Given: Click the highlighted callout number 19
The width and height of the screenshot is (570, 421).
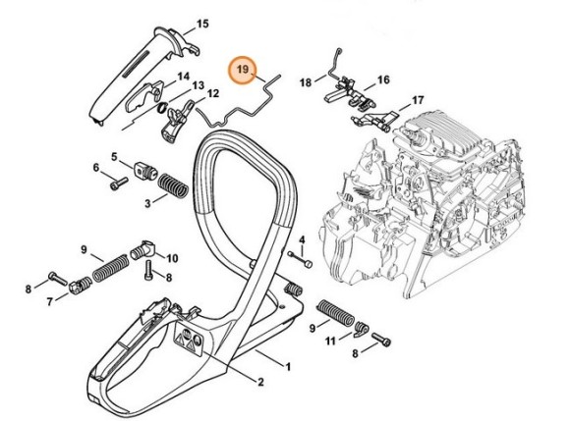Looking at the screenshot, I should click(x=242, y=71).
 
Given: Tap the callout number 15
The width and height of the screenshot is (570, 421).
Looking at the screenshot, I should click(x=202, y=23).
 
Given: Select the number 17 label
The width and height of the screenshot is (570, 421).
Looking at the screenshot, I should click(x=417, y=100).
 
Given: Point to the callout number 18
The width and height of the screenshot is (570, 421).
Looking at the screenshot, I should click(x=305, y=81).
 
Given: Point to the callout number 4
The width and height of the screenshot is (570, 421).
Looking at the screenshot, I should click(x=302, y=239).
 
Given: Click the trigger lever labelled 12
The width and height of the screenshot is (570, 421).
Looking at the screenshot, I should click(x=177, y=124).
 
